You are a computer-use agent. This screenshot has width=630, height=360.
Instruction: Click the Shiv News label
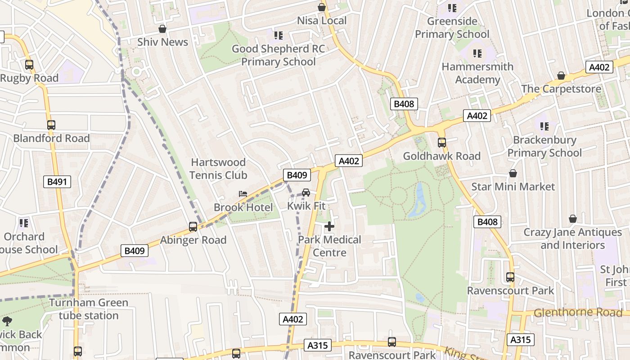coord(162,42)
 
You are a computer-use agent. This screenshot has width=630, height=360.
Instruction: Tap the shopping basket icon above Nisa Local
coord(321,7)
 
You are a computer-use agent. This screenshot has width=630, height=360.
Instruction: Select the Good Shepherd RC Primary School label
coord(278,55)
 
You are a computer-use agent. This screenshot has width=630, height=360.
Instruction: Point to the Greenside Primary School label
coord(452,27)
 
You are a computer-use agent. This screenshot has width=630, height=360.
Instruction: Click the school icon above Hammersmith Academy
coord(477,54)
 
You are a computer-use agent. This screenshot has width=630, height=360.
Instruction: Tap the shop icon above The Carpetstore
coord(561,76)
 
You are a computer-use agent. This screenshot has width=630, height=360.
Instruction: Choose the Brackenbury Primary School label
coord(544,146)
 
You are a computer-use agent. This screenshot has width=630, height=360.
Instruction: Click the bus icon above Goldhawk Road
coord(441,143)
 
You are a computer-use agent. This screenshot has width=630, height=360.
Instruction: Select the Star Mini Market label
coord(513,186)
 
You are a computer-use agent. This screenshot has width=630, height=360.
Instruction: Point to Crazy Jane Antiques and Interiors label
coord(572,238)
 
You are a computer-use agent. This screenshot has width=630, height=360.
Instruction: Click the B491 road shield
coord(57,182)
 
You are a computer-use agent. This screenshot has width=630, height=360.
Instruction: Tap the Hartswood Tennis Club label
coord(218,168)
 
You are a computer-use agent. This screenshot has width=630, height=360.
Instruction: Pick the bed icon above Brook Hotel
coord(243,194)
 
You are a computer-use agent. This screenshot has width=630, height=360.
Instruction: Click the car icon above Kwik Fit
coord(306,193)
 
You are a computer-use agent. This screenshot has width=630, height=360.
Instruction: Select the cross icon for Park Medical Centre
coord(329,226)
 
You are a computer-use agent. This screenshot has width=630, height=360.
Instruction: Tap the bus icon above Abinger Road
coord(193,227)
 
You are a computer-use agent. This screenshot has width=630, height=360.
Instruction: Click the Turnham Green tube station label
coord(89,309)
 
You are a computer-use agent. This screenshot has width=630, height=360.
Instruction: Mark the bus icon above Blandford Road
coord(51,125)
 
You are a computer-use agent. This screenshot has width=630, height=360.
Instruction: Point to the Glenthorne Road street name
coord(578,312)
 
